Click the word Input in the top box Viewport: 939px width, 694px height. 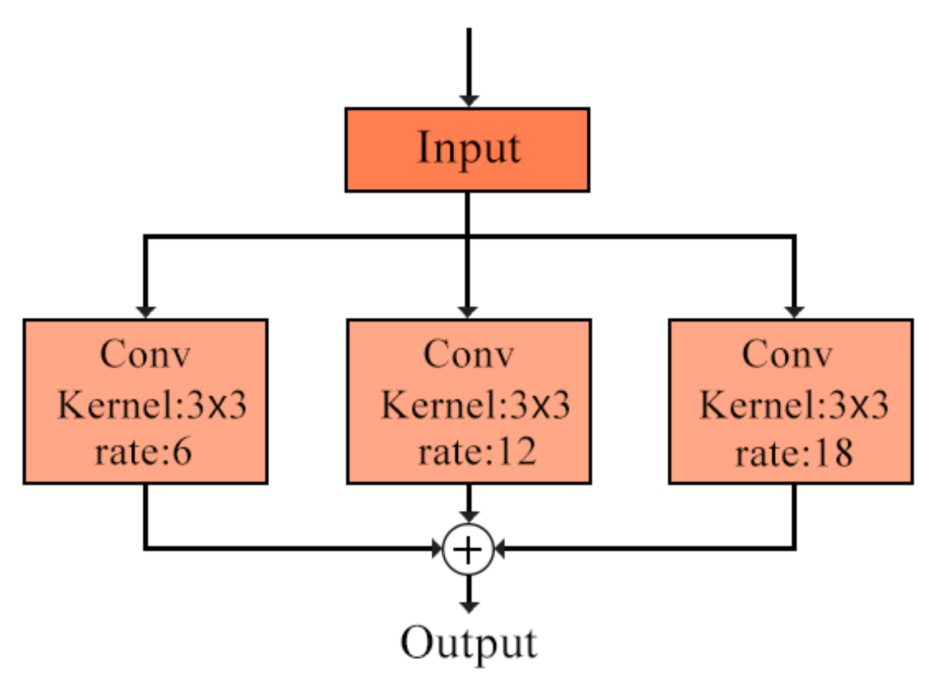469,148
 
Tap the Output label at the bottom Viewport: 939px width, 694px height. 469,643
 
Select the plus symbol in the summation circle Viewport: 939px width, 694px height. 468,550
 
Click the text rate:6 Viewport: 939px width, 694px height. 144,452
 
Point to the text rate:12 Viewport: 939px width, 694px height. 477,452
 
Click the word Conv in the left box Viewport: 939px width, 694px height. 145,354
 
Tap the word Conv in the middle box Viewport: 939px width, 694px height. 469,354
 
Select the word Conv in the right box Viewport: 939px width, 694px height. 787,354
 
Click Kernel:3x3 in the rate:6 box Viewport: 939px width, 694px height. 152,405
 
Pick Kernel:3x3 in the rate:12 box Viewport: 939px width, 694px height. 475,405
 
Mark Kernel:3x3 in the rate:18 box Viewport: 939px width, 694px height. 794,405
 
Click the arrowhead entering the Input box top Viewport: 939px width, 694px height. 469,101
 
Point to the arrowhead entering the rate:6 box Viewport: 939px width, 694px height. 146,312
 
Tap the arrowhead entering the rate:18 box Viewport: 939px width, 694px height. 794,312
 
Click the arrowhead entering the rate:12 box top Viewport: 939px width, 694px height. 468,312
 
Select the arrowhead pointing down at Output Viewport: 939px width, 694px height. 469,607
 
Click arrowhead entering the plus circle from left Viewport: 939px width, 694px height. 437,548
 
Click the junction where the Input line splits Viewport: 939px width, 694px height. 468,237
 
